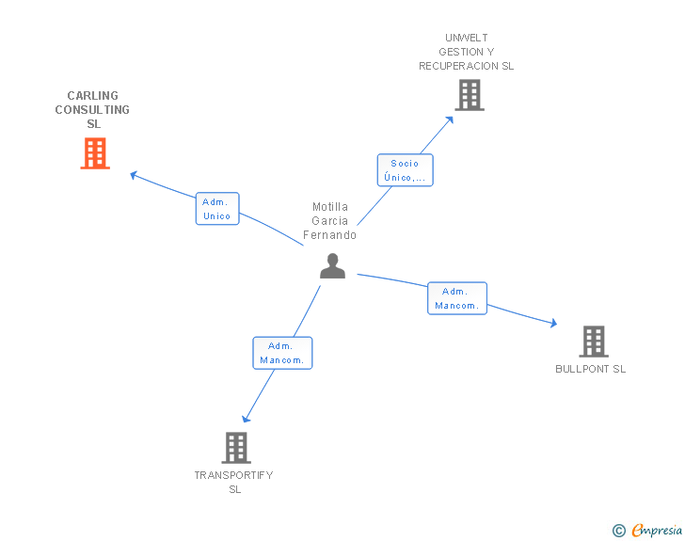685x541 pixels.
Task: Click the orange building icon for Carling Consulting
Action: point(95,153)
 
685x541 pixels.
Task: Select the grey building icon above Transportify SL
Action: point(236,448)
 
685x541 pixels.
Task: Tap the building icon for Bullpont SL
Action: point(594,342)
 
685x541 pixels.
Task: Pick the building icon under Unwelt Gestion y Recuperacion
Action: point(470,95)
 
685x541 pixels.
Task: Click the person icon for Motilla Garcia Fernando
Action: point(332,265)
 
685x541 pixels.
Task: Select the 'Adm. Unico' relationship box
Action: point(217,209)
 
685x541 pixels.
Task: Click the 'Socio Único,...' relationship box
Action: point(405,170)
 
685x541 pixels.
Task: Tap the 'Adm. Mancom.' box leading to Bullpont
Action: point(457,298)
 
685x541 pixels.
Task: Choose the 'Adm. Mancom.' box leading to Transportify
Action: point(282,353)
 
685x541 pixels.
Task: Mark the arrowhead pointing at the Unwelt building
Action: point(450,119)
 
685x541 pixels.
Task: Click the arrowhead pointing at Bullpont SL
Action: point(553,323)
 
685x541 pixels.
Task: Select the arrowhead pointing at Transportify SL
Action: point(246,419)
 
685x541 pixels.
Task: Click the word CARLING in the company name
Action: point(92,95)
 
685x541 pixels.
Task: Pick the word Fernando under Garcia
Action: point(330,235)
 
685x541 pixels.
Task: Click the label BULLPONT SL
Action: point(591,369)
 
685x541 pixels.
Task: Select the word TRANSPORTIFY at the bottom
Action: point(233,475)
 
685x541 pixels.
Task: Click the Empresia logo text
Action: point(657,530)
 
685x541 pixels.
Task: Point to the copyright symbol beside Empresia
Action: point(619,531)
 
